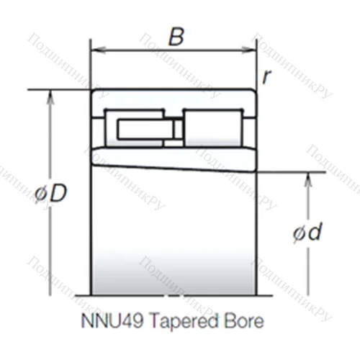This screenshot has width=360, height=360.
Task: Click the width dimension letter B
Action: [x=175, y=37]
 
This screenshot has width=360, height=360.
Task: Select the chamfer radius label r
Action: [x=266, y=76]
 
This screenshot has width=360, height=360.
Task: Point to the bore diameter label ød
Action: [x=307, y=233]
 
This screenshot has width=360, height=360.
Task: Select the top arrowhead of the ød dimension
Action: [x=307, y=178]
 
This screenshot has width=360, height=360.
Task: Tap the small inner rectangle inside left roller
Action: [x=144, y=129]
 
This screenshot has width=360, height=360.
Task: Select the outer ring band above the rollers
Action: [x=173, y=98]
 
